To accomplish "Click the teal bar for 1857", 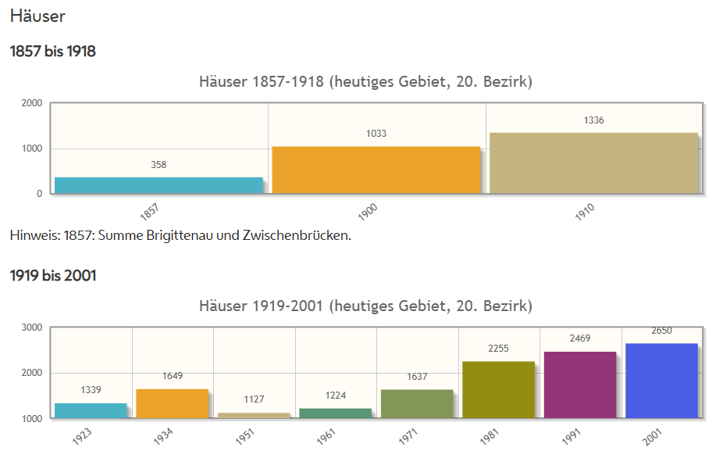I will tap(158, 185).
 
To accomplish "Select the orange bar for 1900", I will tap(376, 170).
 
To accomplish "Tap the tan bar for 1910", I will tap(593, 163).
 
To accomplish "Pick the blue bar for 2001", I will tap(661, 381).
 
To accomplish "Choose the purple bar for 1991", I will tap(580, 385).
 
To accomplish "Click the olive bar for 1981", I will tap(498, 389).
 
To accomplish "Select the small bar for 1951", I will tap(254, 415).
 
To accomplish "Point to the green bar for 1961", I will tap(336, 413).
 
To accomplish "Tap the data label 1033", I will tap(376, 134).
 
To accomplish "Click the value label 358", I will tap(158, 165).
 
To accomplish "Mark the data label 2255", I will tap(498, 349).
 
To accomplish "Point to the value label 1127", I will tap(254, 399).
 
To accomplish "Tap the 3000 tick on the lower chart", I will tap(32, 328).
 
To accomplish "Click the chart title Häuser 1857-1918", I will tap(365, 81).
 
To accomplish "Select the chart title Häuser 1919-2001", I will tap(365, 305).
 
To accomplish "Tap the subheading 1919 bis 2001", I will tap(53, 275).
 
